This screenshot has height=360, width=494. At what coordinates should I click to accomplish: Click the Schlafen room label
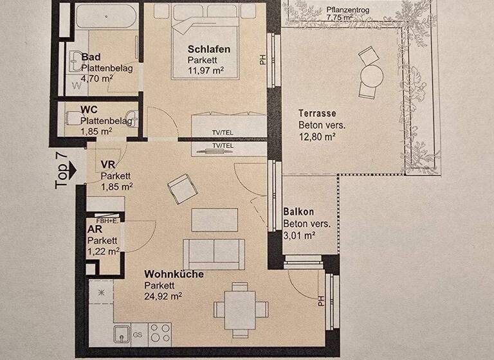click(208, 49)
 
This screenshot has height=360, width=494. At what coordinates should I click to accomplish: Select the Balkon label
click(298, 212)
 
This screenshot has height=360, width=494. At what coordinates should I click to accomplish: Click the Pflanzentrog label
click(348, 10)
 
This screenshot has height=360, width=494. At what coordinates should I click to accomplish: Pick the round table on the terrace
click(371, 76)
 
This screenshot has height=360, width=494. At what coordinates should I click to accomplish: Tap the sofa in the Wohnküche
click(214, 253)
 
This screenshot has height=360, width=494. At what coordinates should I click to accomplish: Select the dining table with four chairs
click(239, 309)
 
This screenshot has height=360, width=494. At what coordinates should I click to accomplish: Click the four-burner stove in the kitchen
click(161, 332)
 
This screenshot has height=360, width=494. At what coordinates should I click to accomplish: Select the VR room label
click(107, 165)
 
